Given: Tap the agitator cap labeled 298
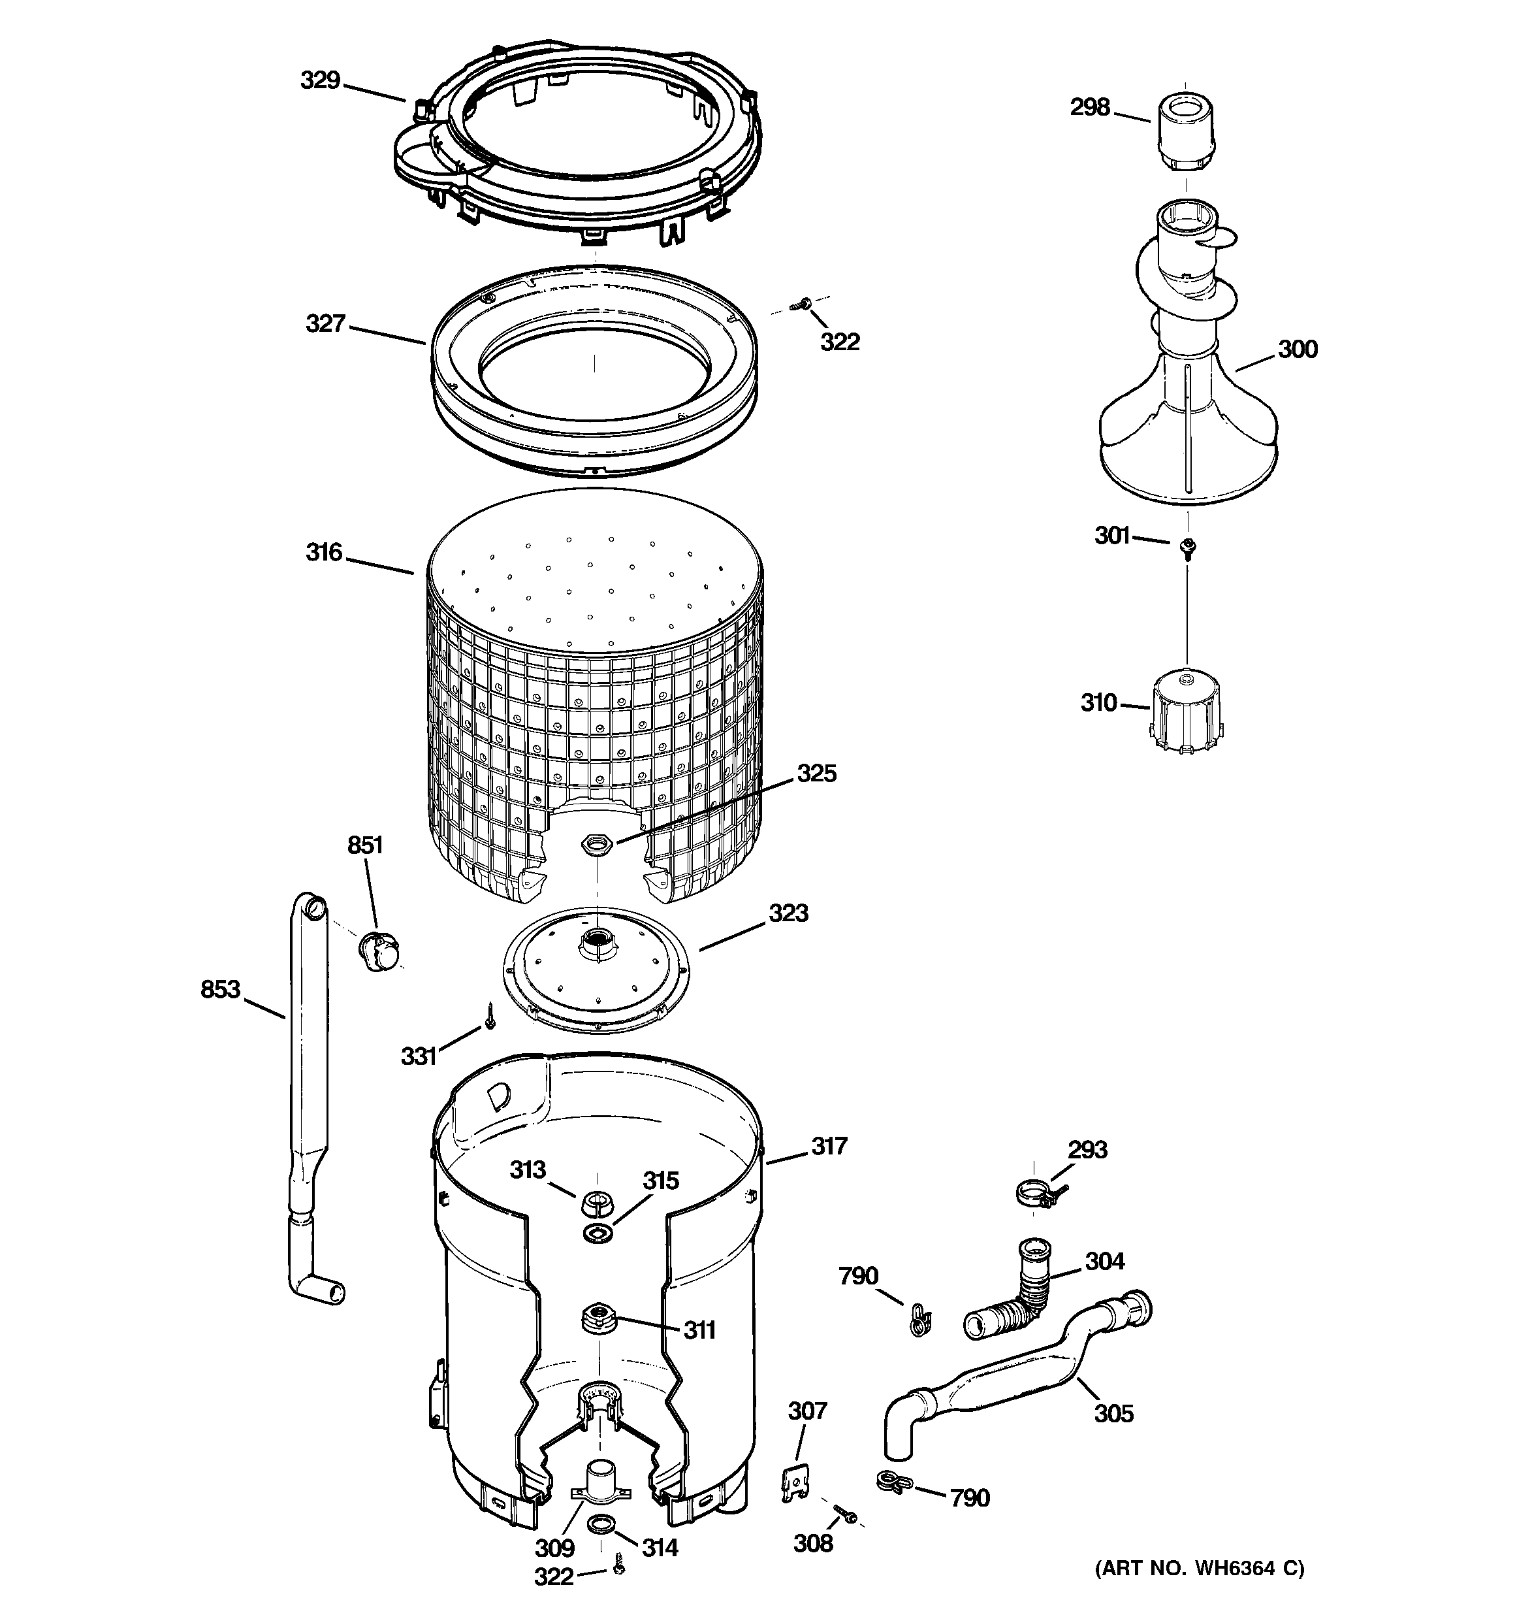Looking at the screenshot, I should tap(1185, 133).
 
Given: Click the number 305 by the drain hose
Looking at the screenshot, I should tap(1113, 1414).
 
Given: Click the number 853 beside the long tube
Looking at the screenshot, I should tap(220, 989).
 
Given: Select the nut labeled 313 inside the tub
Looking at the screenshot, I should tap(597, 1201).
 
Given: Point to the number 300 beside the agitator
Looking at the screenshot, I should tap(1297, 350).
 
